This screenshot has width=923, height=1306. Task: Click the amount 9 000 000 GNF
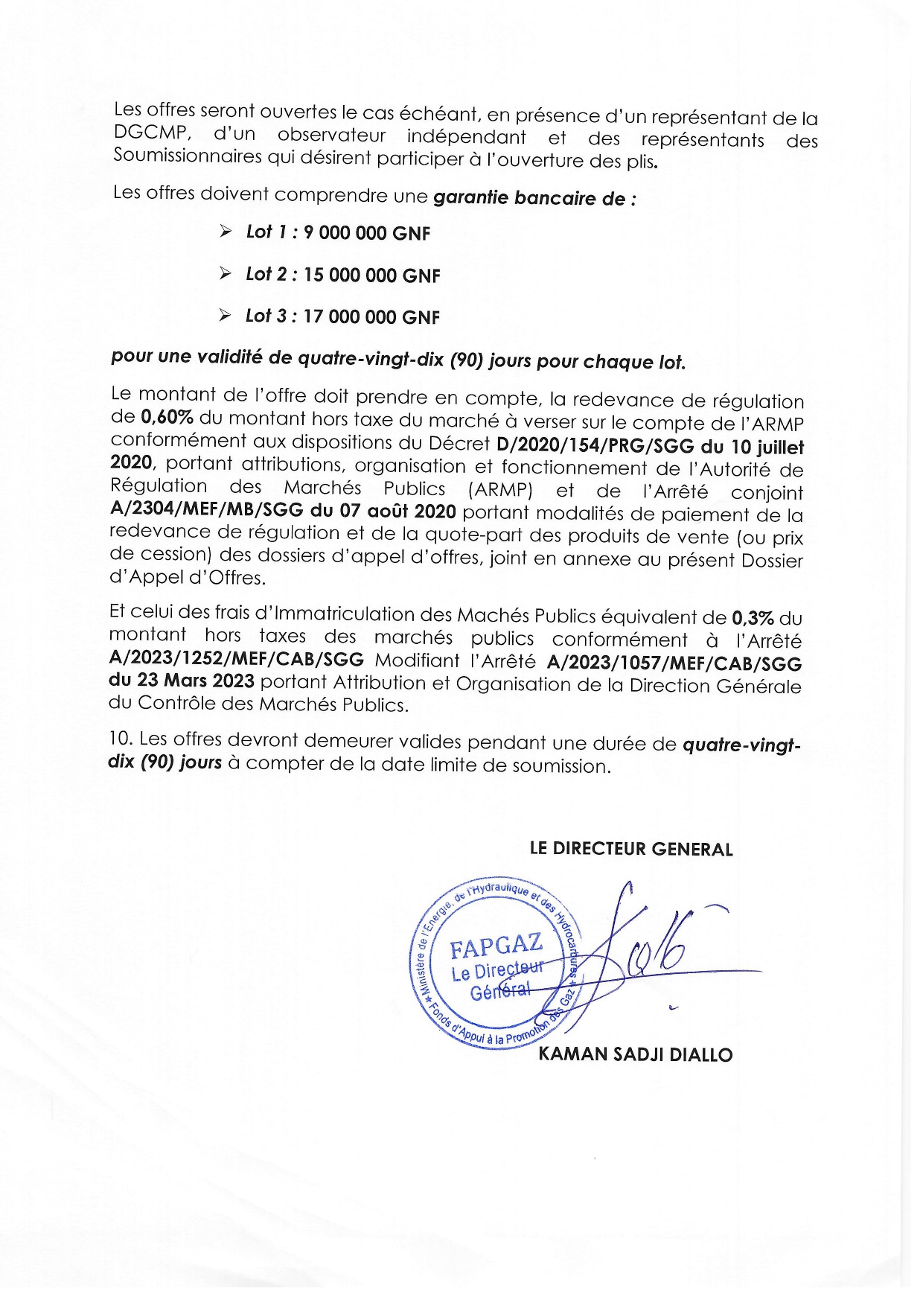367,233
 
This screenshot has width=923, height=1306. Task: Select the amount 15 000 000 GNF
372,275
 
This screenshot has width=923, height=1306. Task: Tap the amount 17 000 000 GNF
371,317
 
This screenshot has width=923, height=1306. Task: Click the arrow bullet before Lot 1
226,232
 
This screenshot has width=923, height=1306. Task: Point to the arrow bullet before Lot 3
225,316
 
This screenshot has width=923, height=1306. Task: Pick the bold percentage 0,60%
167,418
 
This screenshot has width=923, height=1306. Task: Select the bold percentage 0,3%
753,617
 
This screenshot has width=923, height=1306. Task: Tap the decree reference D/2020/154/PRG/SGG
595,446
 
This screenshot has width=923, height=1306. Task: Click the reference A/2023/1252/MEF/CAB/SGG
237,660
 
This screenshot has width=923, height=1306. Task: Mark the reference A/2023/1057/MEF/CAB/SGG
674,663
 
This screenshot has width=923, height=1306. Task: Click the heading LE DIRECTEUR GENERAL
630,849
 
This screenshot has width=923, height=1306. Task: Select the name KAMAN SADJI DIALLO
635,1054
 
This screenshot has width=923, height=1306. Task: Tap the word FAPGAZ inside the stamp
496,946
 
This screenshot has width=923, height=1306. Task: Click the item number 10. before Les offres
121,739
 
